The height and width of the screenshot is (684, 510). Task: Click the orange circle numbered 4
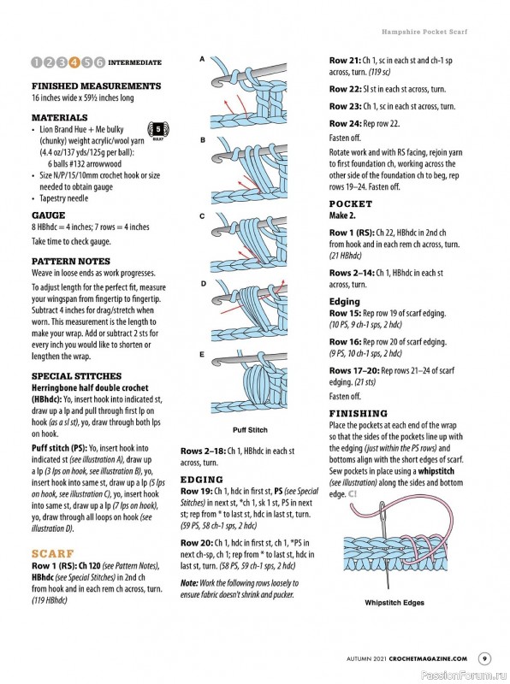74,62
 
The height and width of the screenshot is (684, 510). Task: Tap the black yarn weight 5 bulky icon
158,131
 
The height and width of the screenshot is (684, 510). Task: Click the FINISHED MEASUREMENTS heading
96,86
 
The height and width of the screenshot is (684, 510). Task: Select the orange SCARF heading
53,553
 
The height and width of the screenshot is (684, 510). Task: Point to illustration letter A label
202,59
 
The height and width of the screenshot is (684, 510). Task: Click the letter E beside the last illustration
202,354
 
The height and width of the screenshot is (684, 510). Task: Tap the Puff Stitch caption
250,430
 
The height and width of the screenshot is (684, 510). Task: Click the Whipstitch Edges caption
394,603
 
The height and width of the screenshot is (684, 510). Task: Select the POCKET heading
351,203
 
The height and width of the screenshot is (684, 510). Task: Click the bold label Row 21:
345,61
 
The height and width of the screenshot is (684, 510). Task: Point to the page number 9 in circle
484,658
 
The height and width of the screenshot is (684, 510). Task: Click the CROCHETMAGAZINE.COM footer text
428,658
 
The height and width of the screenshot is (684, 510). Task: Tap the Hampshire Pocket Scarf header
424,32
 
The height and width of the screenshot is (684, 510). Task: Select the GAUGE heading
49,215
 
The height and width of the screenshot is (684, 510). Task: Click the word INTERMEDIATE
134,62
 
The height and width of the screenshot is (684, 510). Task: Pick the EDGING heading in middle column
202,480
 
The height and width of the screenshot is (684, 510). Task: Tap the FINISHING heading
358,413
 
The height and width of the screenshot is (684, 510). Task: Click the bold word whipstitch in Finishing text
436,471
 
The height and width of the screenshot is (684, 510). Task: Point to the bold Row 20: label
197,543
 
